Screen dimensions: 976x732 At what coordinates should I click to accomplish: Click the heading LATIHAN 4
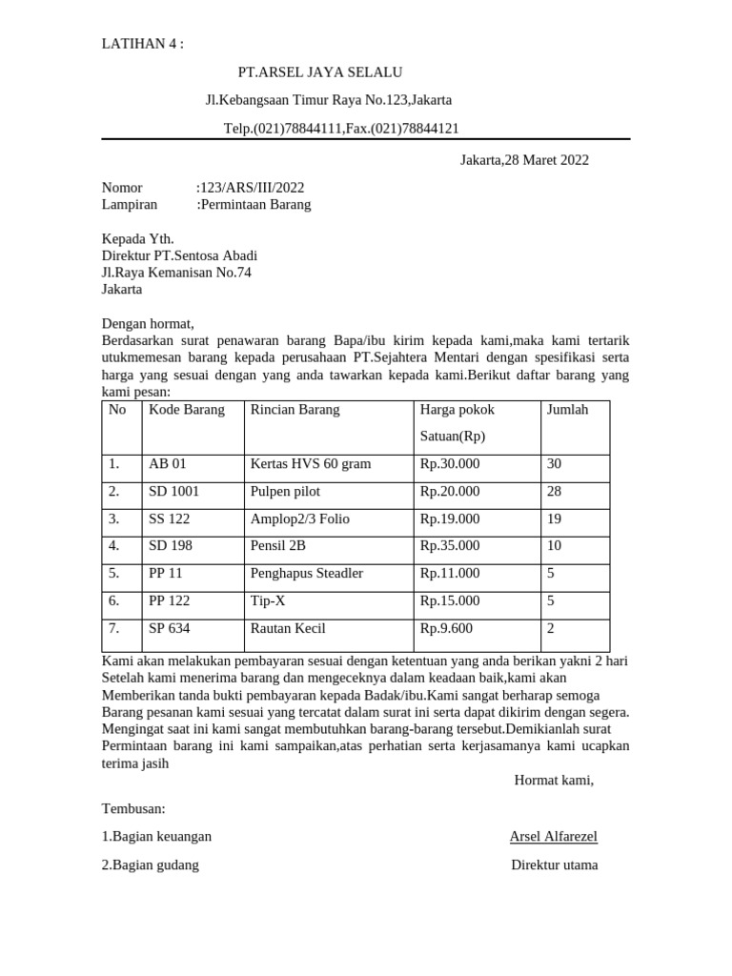click(142, 44)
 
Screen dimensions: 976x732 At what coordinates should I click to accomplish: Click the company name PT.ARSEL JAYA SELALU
click(320, 72)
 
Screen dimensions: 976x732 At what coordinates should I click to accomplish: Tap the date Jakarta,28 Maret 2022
click(524, 160)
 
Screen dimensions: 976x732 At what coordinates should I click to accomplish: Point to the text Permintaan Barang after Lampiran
click(254, 204)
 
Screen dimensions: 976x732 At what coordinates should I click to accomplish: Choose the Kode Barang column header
click(187, 410)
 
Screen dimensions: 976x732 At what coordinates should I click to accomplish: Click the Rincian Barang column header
click(295, 410)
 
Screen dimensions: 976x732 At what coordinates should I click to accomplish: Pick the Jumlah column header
click(567, 410)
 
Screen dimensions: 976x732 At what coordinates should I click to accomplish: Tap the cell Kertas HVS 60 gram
click(311, 464)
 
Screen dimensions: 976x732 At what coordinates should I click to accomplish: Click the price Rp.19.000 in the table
click(450, 519)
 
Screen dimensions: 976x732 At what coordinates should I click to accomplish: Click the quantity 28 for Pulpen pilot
click(554, 492)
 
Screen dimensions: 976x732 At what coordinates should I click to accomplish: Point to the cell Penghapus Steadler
click(307, 574)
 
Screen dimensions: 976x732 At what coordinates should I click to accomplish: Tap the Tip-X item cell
click(269, 601)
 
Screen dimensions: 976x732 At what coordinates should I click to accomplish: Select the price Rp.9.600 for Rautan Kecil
click(446, 629)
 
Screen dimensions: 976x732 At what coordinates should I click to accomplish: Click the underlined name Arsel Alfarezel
click(554, 837)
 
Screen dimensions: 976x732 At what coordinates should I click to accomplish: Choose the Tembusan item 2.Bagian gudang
click(151, 865)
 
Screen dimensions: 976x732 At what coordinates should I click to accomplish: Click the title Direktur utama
click(555, 865)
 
